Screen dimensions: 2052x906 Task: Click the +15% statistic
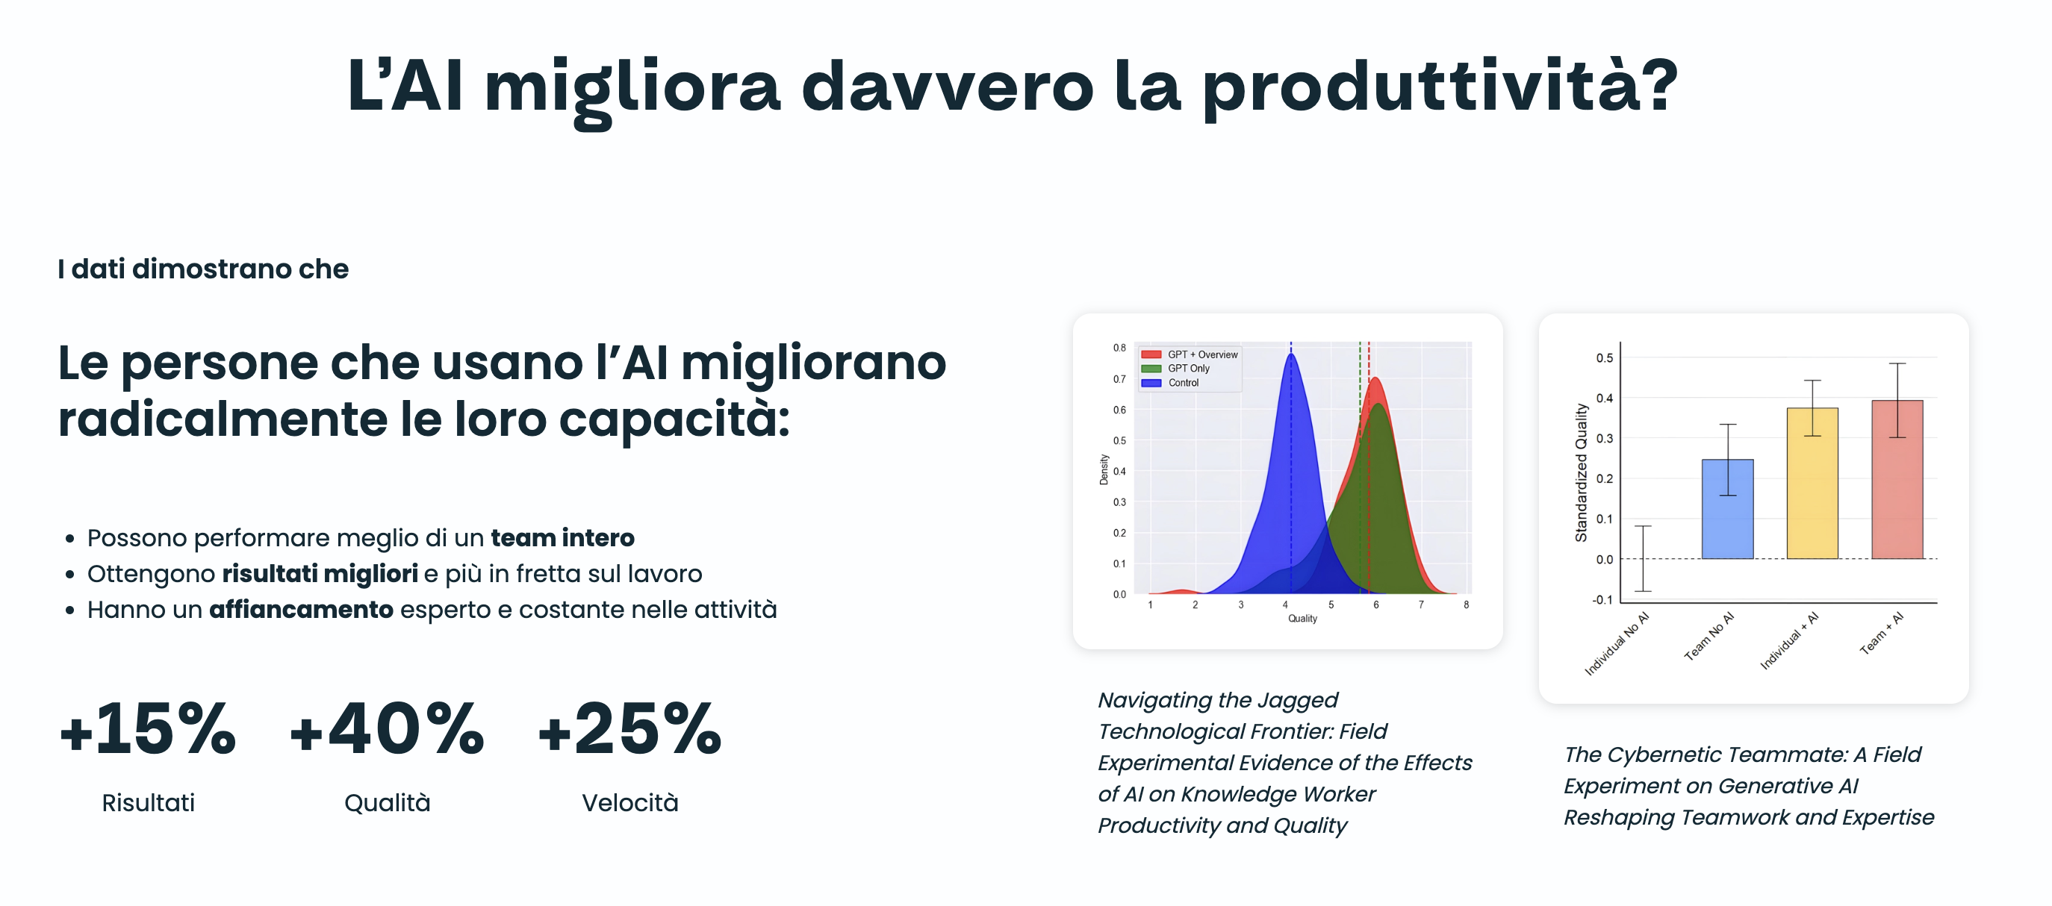point(148,728)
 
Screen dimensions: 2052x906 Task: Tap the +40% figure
point(387,728)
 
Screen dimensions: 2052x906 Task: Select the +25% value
point(630,728)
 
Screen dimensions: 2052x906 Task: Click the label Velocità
point(630,802)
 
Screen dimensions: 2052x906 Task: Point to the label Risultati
point(148,802)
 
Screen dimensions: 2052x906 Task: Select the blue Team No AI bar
point(1727,509)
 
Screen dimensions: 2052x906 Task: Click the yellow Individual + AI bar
point(1812,484)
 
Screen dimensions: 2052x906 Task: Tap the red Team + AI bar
point(1897,479)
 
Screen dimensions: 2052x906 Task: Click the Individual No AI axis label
point(1617,643)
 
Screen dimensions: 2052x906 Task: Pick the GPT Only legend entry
point(1176,369)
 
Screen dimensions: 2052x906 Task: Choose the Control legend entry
point(1170,383)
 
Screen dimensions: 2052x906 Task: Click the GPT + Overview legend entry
point(1190,354)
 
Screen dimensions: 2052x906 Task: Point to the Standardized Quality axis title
point(1582,473)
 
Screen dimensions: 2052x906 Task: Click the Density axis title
point(1104,469)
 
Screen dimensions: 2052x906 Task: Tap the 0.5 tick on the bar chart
point(1604,358)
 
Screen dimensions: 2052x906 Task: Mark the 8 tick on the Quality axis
point(1467,605)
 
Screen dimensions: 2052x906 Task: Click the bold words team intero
point(562,538)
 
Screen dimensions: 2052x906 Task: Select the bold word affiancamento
point(301,610)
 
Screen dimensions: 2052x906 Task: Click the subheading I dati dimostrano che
point(203,269)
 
